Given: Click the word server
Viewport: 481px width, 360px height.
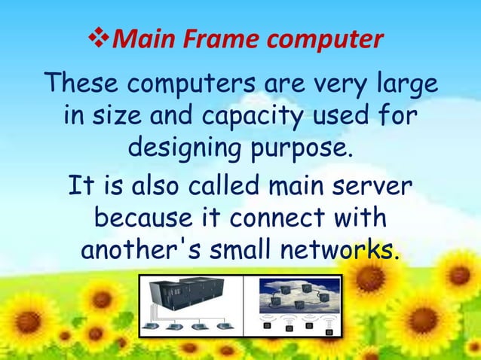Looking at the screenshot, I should click(376, 185).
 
